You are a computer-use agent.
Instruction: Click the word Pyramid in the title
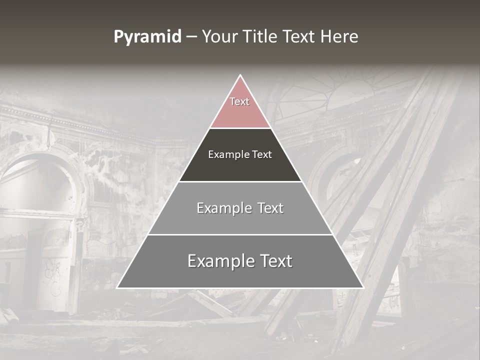click(x=147, y=37)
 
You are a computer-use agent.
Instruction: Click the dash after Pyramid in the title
click(x=191, y=37)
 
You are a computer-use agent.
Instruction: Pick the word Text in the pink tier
click(x=239, y=101)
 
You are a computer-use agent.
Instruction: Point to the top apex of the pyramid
click(x=240, y=75)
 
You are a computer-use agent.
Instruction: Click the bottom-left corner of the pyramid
click(x=117, y=287)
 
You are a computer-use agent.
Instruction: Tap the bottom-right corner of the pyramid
click(x=363, y=287)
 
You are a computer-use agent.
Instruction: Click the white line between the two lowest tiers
click(x=240, y=234)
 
